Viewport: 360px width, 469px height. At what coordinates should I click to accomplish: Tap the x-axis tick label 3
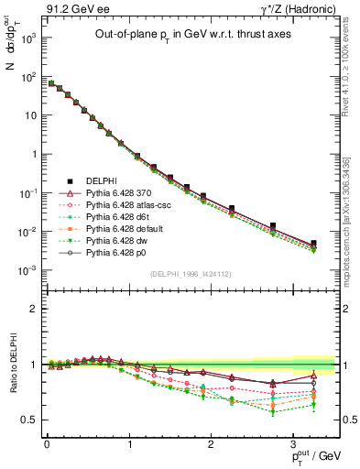tap(292, 443)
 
